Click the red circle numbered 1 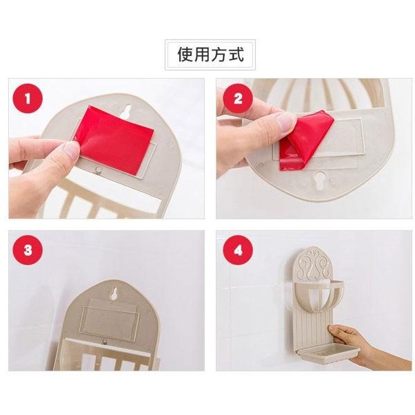pyautogui.click(x=28, y=98)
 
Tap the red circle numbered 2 pyautogui.click(x=237, y=98)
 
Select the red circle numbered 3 pyautogui.click(x=28, y=250)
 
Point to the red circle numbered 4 pyautogui.click(x=237, y=250)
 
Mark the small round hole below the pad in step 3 pyautogui.click(x=104, y=342)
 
